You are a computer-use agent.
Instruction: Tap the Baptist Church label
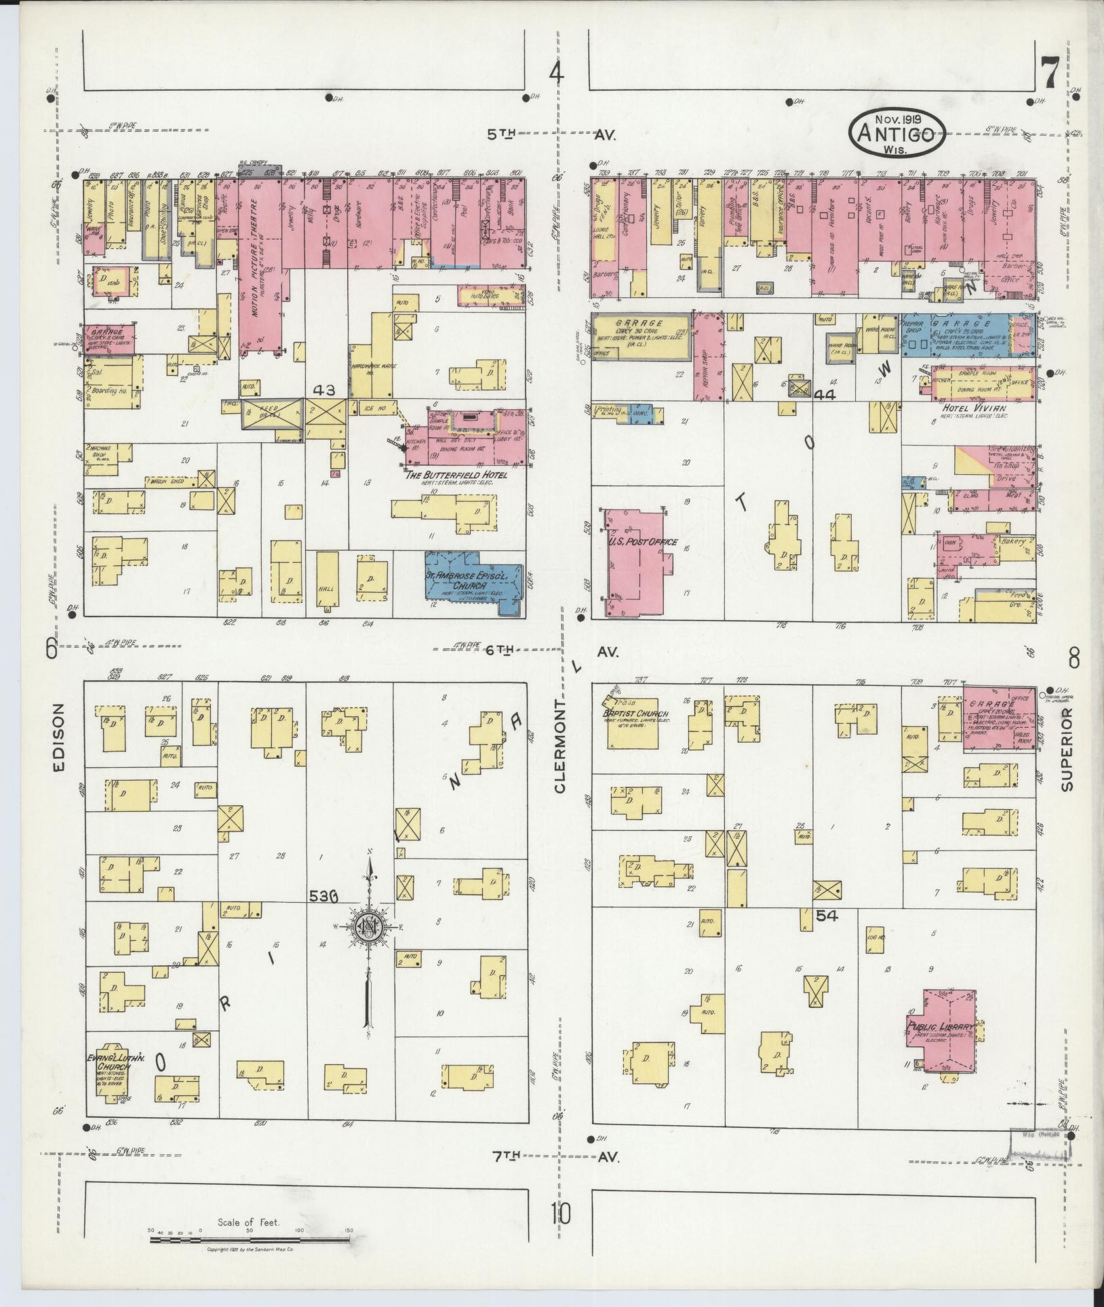[x=635, y=714]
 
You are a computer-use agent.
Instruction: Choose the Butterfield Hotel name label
[x=456, y=475]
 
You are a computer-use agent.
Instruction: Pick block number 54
[x=827, y=916]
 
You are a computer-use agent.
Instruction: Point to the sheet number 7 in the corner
[x=1048, y=73]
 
